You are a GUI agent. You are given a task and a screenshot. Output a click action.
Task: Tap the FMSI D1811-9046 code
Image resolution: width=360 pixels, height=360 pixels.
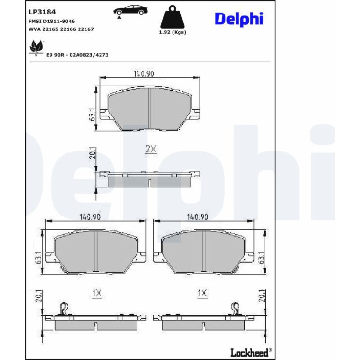coord(51,21)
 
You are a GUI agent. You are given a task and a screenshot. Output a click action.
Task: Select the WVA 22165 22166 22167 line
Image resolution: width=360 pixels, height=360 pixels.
coord(61,29)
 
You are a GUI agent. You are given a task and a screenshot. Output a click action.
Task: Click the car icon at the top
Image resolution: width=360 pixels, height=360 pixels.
coord(130,11)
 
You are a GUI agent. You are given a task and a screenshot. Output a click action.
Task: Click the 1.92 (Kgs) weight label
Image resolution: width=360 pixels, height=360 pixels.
coord(173,32)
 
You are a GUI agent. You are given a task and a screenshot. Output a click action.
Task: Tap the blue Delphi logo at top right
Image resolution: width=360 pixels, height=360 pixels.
coord(239,19)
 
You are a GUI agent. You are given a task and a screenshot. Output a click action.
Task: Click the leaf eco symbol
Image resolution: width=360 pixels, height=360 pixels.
coord(36,48)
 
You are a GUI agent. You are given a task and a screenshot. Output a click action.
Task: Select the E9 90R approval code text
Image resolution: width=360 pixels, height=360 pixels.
coord(77,55)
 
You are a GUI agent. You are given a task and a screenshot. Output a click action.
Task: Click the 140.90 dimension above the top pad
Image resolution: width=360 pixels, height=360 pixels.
coord(144,74)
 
